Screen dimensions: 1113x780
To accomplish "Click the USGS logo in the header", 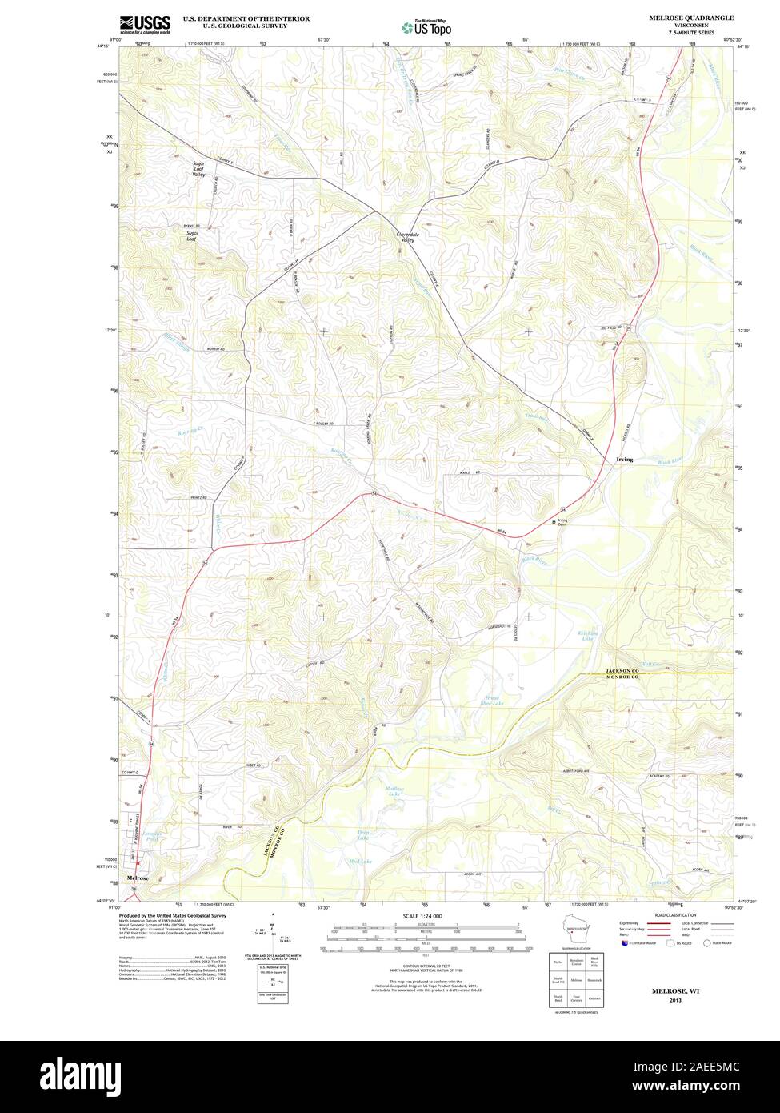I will (145, 24).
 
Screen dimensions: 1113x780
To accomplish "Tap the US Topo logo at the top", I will (426, 27).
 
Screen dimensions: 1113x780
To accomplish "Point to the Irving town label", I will (625, 460).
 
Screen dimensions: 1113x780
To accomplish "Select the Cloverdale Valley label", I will (402, 237).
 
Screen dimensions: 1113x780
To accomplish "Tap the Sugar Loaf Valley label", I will (199, 169).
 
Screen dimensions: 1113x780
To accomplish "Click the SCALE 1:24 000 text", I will (422, 915).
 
